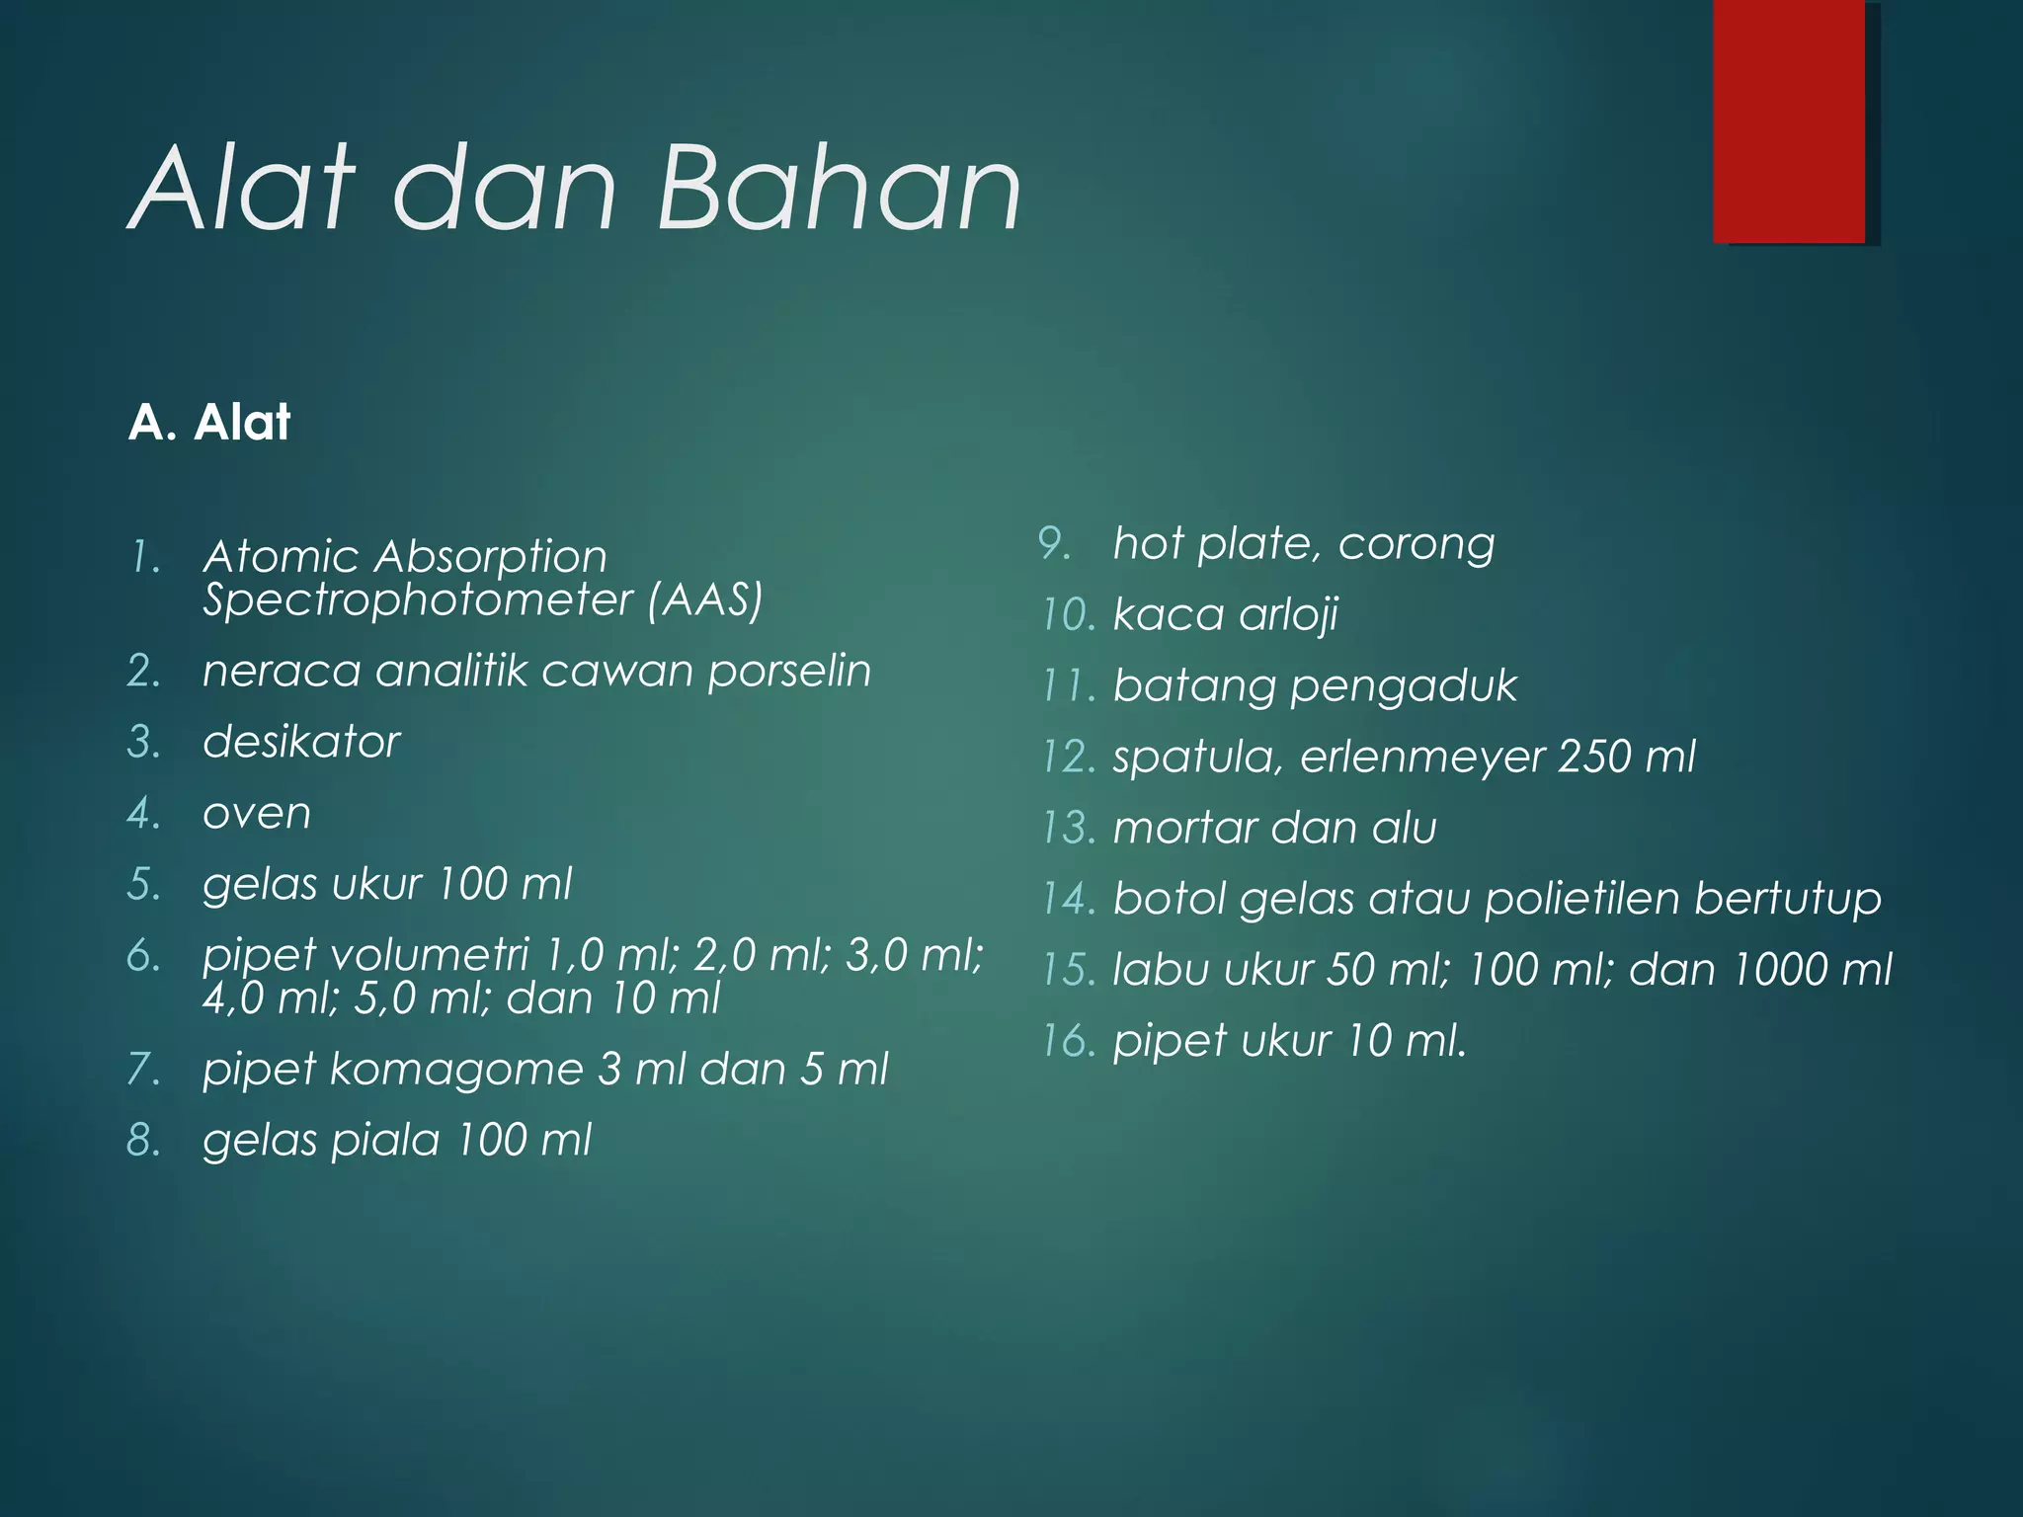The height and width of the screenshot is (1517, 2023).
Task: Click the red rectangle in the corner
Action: tap(1789, 120)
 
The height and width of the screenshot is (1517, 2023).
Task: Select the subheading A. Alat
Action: tap(209, 423)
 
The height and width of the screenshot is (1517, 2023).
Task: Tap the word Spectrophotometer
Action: tap(418, 600)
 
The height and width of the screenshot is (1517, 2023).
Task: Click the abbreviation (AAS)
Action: tap(705, 600)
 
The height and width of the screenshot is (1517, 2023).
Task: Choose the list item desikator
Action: tap(301, 743)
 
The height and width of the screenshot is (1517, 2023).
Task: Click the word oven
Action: tap(257, 814)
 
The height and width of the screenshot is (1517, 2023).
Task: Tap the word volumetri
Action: tap(430, 955)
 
